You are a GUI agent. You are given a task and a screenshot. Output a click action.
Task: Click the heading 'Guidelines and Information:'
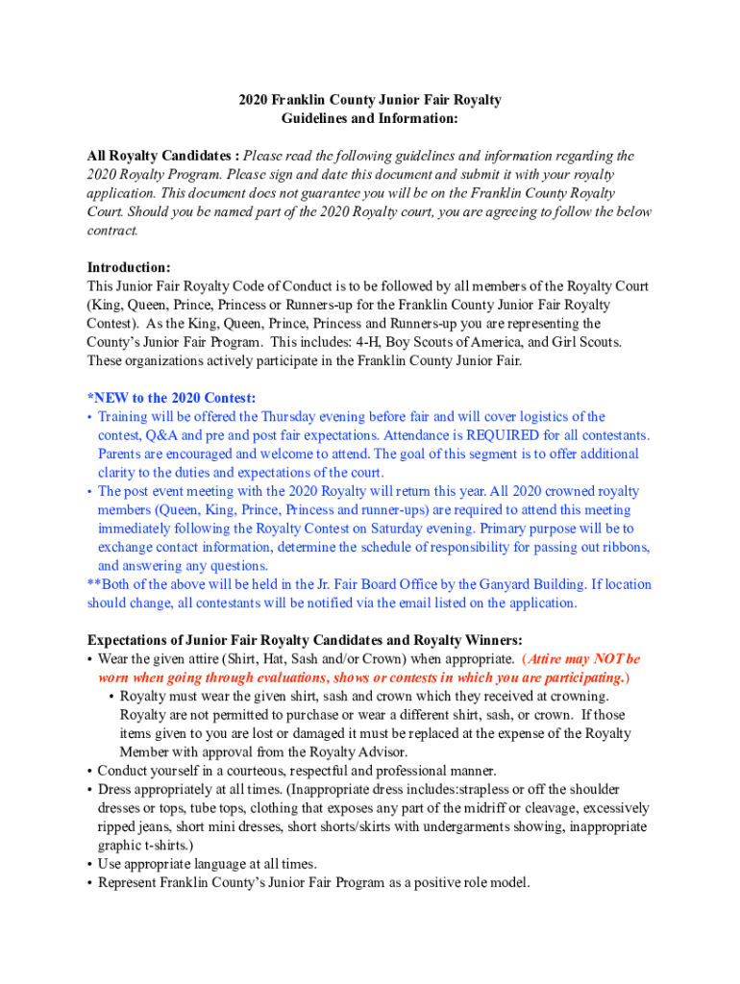pos(370,118)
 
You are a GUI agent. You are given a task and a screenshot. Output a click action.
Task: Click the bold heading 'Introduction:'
pos(129,267)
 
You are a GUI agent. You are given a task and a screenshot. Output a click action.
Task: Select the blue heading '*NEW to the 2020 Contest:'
pos(171,398)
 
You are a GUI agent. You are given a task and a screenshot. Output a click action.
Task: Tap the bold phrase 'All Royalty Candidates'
pos(159,156)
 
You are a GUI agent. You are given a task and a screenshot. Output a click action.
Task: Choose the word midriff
pos(446,808)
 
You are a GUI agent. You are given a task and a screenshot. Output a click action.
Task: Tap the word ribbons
pos(625,547)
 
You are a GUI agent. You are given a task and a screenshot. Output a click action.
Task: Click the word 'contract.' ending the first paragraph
pos(112,231)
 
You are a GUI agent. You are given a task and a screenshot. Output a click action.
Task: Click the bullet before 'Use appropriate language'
pos(89,864)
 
